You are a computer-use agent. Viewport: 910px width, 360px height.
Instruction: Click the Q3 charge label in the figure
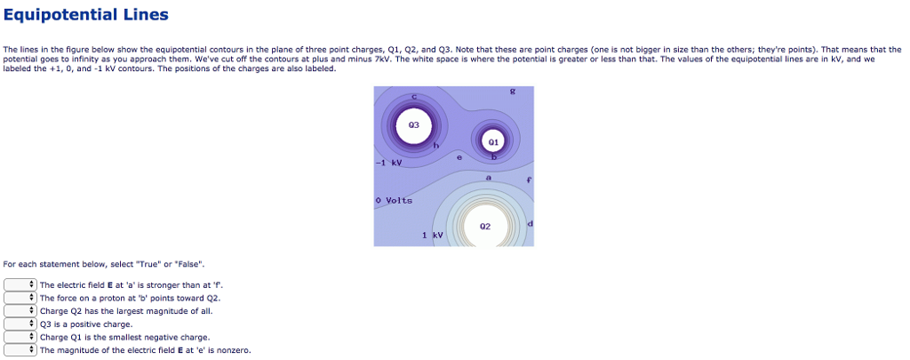(x=413, y=125)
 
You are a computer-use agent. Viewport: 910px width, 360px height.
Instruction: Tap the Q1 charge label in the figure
(x=493, y=141)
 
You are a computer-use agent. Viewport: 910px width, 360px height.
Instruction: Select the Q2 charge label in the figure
(x=484, y=226)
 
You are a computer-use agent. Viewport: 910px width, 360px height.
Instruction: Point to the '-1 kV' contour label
(x=389, y=164)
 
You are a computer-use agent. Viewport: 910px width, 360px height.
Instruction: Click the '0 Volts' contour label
(x=394, y=201)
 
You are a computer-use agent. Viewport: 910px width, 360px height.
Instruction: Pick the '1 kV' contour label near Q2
(x=432, y=235)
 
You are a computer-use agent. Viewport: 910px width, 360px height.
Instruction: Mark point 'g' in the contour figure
(x=513, y=92)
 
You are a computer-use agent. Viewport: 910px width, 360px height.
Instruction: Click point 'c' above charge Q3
(x=414, y=97)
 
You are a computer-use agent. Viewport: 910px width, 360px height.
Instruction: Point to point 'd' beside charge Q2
(x=530, y=222)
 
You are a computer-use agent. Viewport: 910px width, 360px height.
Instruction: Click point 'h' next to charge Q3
(x=435, y=145)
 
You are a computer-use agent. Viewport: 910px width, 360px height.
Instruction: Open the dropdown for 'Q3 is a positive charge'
(x=20, y=324)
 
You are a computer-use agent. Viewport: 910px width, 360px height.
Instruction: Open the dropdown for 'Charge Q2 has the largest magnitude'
(x=20, y=311)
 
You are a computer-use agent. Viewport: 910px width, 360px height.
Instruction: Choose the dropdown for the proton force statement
(x=20, y=298)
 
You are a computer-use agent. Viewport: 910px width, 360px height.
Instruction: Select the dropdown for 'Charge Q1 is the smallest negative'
(x=20, y=338)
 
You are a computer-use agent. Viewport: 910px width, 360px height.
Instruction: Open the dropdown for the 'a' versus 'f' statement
(x=20, y=284)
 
